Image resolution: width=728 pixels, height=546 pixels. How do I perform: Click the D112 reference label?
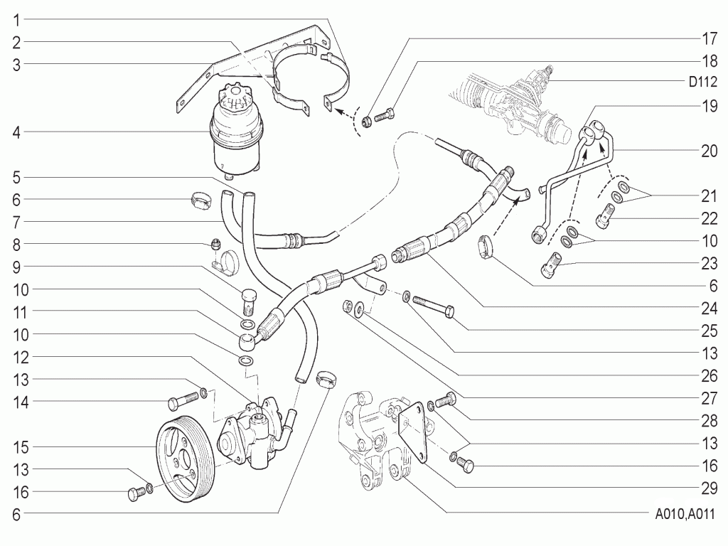tap(703, 82)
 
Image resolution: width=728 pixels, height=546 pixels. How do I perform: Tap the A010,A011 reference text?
tap(685, 515)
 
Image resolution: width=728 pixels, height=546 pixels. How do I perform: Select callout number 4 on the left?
tap(17, 133)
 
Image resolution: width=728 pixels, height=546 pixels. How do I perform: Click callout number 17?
tap(709, 39)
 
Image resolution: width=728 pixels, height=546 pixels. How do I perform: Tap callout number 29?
tap(709, 488)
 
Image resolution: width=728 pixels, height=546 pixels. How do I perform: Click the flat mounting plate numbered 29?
tap(412, 432)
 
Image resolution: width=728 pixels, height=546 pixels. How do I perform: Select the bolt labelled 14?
tap(183, 400)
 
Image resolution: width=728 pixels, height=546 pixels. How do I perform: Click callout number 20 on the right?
tap(709, 151)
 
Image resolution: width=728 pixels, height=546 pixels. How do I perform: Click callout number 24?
tap(709, 309)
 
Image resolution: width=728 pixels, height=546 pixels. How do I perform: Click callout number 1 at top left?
tap(17, 21)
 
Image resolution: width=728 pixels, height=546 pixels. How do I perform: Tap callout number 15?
tap(21, 448)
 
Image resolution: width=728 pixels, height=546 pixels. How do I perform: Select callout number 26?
tap(709, 376)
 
